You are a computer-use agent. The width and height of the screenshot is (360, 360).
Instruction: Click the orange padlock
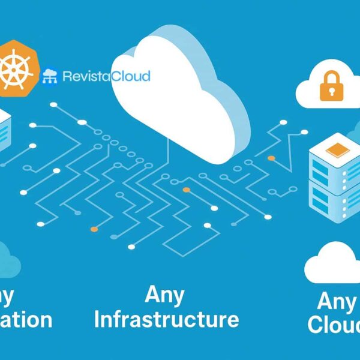[329, 88]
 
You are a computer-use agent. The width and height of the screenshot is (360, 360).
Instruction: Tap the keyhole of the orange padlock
[329, 91]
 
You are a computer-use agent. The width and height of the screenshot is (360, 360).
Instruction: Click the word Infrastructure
[166, 319]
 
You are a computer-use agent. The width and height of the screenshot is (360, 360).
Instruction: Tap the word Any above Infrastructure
[164, 295]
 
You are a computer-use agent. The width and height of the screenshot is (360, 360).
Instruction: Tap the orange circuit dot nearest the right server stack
[271, 158]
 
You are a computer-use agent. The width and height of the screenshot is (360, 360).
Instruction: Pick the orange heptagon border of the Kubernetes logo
[36, 60]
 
